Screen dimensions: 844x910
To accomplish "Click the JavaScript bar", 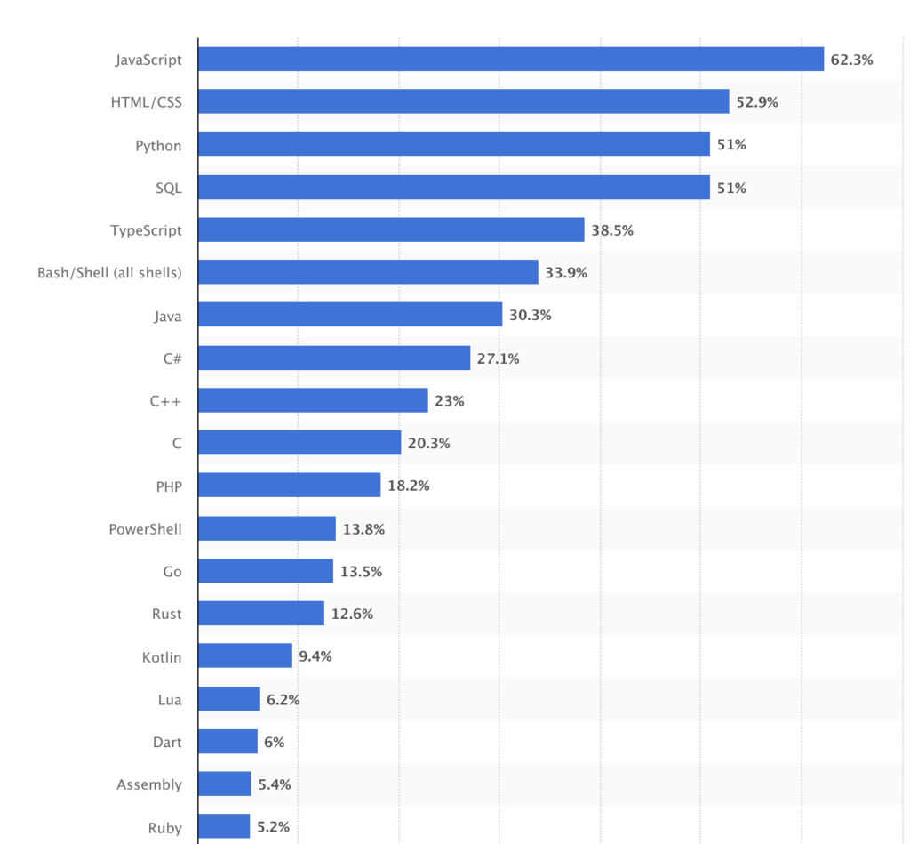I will [x=511, y=60].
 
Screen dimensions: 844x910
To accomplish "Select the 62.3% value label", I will [x=852, y=60].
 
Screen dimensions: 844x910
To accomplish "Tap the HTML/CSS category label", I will [x=146, y=102].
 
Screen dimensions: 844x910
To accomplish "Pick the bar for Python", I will [x=454, y=144].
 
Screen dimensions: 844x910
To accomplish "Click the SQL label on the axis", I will [x=168, y=188].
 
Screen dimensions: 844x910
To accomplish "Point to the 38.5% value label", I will [x=612, y=230].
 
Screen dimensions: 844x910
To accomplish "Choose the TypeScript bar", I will [x=391, y=229].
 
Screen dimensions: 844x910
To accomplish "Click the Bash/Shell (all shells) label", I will [x=109, y=273].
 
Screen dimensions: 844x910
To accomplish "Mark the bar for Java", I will [x=350, y=315].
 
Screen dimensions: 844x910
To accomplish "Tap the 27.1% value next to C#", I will [x=499, y=358].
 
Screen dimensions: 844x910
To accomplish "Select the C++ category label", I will [x=165, y=401].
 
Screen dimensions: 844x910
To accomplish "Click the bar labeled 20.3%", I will [x=299, y=443].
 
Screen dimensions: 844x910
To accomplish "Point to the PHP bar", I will [x=289, y=486].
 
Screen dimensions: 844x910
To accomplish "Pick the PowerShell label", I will [x=145, y=529].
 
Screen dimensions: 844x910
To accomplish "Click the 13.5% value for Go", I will [x=362, y=572].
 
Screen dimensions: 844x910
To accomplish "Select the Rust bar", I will [x=261, y=614].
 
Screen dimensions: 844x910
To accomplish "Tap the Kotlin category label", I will [x=162, y=657].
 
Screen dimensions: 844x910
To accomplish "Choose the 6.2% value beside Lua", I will [x=283, y=700].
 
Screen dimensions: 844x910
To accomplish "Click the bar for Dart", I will [x=227, y=742].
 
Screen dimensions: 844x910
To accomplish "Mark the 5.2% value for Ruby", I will [x=273, y=827].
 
